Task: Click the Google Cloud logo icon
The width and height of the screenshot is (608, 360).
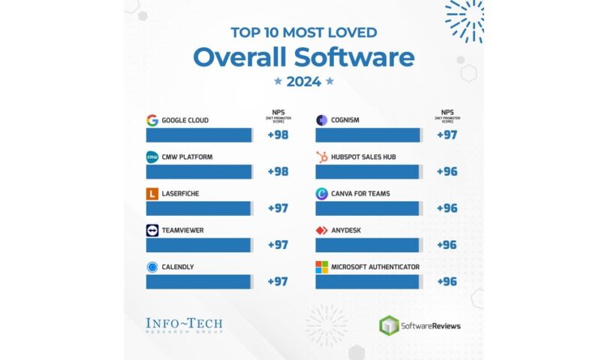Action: pyautogui.click(x=152, y=120)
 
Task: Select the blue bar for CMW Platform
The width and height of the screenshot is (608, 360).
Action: pyautogui.click(x=199, y=172)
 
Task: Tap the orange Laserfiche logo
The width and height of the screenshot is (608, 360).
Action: pyautogui.click(x=152, y=193)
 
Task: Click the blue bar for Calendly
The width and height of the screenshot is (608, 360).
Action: pyautogui.click(x=199, y=281)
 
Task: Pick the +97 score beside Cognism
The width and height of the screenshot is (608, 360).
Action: pyautogui.click(x=447, y=135)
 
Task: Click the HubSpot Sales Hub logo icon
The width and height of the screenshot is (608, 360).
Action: pyautogui.click(x=321, y=157)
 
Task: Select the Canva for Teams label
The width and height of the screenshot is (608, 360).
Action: pyautogui.click(x=360, y=193)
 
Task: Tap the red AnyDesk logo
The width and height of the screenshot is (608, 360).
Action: pyautogui.click(x=321, y=230)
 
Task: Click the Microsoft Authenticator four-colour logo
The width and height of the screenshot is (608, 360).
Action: pyautogui.click(x=321, y=267)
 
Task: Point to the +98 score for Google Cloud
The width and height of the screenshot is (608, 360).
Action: pyautogui.click(x=278, y=135)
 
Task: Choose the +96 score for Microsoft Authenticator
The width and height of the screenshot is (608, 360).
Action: pyautogui.click(x=447, y=282)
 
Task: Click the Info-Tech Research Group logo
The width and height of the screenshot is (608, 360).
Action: pyautogui.click(x=184, y=325)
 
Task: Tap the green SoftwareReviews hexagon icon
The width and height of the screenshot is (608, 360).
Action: pyautogui.click(x=389, y=325)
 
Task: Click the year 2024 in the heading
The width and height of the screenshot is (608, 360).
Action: pyautogui.click(x=303, y=82)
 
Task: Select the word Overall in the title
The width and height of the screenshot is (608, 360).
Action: pyautogui.click(x=248, y=57)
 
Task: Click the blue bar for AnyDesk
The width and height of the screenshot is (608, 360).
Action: pyautogui.click(x=368, y=245)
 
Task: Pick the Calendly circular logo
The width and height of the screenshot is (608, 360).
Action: pyautogui.click(x=152, y=267)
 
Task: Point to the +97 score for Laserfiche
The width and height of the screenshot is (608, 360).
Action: pyautogui.click(x=278, y=208)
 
